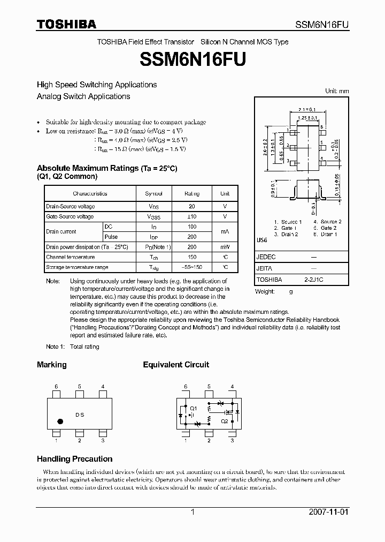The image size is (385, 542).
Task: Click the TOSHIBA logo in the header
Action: [66, 24]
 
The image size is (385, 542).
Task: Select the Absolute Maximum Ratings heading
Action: [106, 168]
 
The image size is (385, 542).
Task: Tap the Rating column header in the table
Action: [192, 193]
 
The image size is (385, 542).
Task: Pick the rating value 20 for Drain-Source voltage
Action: [192, 206]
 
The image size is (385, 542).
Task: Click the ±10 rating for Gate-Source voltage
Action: [192, 216]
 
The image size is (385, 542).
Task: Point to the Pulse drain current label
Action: [111, 237]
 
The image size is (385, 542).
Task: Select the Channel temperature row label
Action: [70, 257]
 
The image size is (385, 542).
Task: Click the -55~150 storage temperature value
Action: [192, 267]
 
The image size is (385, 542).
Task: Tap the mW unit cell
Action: [225, 247]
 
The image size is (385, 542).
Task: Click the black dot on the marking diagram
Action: [60, 421]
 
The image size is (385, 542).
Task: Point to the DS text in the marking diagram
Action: [80, 415]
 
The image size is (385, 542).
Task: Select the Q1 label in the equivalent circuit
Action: [194, 408]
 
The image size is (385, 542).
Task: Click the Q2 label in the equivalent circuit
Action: [224, 421]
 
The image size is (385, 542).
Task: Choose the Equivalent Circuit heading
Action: [176, 365]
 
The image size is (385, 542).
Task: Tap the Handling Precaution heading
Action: [74, 459]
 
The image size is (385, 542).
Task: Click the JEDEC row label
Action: [266, 257]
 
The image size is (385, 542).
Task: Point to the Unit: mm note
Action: [337, 91]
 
